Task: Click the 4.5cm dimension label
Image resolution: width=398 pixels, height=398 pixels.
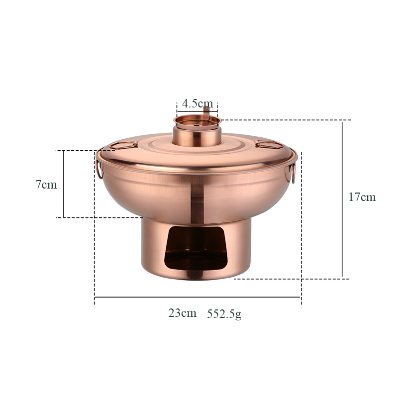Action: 198,103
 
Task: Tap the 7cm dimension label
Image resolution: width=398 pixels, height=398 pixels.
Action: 46,185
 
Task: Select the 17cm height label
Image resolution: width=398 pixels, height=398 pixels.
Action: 362,197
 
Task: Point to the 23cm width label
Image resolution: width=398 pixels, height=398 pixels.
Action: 182,313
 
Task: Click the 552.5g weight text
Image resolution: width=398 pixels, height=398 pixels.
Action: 224,314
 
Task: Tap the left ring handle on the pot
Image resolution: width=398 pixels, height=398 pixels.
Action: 99,170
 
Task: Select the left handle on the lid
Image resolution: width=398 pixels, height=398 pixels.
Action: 124,145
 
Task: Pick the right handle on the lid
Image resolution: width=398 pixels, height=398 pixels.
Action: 269,144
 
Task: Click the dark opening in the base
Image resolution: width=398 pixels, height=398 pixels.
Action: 196,248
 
